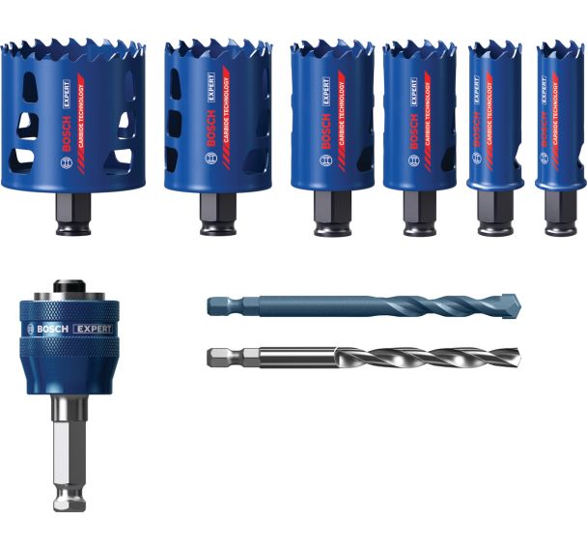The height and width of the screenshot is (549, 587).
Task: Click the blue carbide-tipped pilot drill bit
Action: coord(367,306)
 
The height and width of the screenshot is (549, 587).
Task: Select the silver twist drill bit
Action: coord(367,357)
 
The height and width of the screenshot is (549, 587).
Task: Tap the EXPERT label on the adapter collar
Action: coord(92,329)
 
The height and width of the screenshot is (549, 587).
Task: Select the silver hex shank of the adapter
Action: coord(67,454)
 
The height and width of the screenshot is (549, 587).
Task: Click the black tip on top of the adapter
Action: coord(67,287)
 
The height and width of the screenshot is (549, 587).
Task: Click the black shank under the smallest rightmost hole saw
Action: coord(560,213)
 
